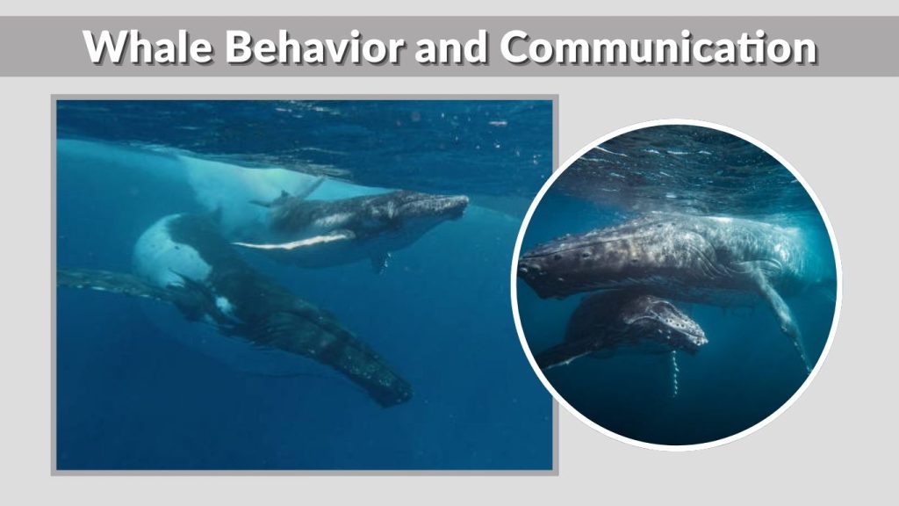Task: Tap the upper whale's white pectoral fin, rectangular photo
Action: (294, 240)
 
